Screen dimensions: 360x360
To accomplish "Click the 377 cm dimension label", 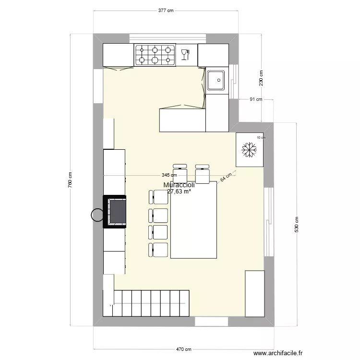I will coord(166,10).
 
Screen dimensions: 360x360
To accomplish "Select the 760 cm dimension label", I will coord(70,180).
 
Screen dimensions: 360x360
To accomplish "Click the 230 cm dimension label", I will coord(261,79).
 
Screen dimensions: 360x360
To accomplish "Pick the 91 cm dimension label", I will coord(256,100).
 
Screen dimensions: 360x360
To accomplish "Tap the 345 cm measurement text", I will coord(169,176).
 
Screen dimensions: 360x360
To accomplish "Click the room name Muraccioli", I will coord(179,185).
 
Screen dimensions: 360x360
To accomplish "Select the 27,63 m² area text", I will coord(179,191).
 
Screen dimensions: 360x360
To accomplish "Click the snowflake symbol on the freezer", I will coord(249,149).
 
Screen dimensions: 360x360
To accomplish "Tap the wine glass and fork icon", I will coord(185,53).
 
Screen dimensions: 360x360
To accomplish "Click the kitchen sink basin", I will coord(216,80).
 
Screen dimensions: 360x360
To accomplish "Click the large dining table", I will coord(193,219).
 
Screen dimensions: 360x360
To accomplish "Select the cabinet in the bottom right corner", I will coord(254,293).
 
